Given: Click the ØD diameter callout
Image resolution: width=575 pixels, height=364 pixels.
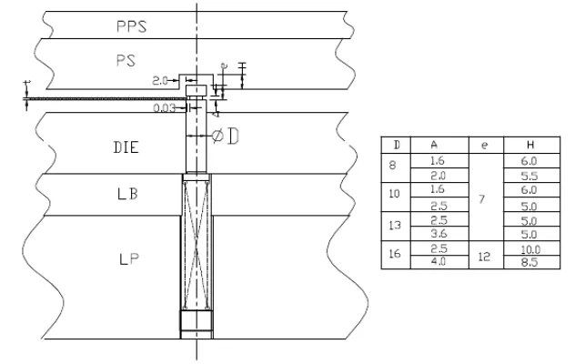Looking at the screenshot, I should pos(226,136).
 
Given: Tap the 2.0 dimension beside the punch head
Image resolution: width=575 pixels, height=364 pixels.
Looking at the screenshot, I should pos(161,80).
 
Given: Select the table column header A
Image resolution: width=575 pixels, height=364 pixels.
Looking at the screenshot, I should pos(437,145).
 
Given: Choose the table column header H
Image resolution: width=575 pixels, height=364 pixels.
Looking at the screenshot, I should pos(529,145).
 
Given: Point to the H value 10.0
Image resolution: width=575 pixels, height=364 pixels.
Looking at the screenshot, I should pos(529,248).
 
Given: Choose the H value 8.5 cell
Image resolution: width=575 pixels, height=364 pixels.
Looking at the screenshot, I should pos(529,262).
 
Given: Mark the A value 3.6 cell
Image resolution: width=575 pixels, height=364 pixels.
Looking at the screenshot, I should pos(437,234).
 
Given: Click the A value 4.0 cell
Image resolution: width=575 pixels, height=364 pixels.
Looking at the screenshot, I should pos(437,262).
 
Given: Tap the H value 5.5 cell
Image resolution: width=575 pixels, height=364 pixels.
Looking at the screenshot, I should pos(529,174).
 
